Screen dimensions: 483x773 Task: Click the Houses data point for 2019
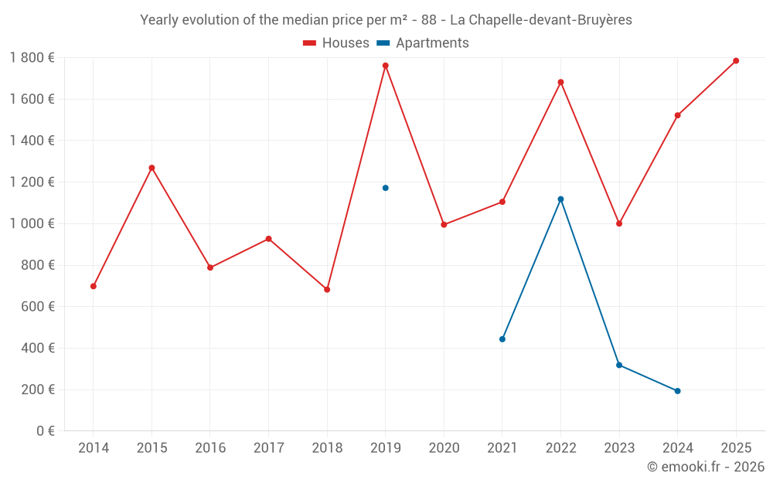385,66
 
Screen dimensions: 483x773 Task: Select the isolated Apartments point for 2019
385,188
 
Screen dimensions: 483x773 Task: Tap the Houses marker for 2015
152,168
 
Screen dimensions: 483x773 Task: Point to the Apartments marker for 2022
560,199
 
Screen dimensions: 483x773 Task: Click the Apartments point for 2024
677,391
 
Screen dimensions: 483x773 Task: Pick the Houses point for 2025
736,61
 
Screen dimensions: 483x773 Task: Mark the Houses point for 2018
327,290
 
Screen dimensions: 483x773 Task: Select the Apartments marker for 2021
502,339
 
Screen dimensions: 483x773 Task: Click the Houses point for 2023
619,223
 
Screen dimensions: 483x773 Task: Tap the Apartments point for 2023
619,365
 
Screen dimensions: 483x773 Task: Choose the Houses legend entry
336,43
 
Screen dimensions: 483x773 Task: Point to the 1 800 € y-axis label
32,57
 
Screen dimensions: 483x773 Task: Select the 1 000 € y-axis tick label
32,223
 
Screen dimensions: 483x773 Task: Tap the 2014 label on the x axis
94,448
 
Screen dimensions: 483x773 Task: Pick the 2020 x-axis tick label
444,448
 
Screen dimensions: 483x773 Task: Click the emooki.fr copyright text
705,467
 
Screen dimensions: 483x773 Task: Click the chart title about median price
386,20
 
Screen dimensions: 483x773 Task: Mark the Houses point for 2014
94,286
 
